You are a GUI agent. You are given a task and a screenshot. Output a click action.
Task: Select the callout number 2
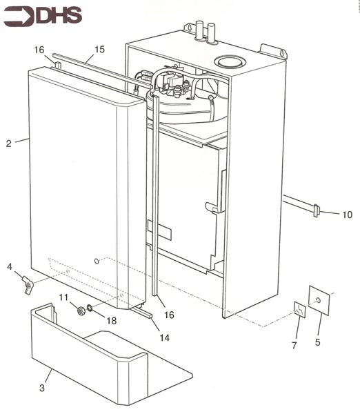pos(8,144)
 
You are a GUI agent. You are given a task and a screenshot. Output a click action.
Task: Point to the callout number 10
pos(346,215)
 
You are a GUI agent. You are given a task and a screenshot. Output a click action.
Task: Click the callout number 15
pos(99,49)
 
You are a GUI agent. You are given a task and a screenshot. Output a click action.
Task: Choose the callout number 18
pos(111,321)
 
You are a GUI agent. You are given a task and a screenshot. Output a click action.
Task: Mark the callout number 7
pos(294,344)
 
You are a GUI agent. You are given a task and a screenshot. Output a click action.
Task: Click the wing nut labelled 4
pos(28,283)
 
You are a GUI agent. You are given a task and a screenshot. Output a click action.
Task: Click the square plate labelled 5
pos(319,300)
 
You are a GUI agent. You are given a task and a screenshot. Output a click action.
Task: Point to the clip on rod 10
pos(317,210)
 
